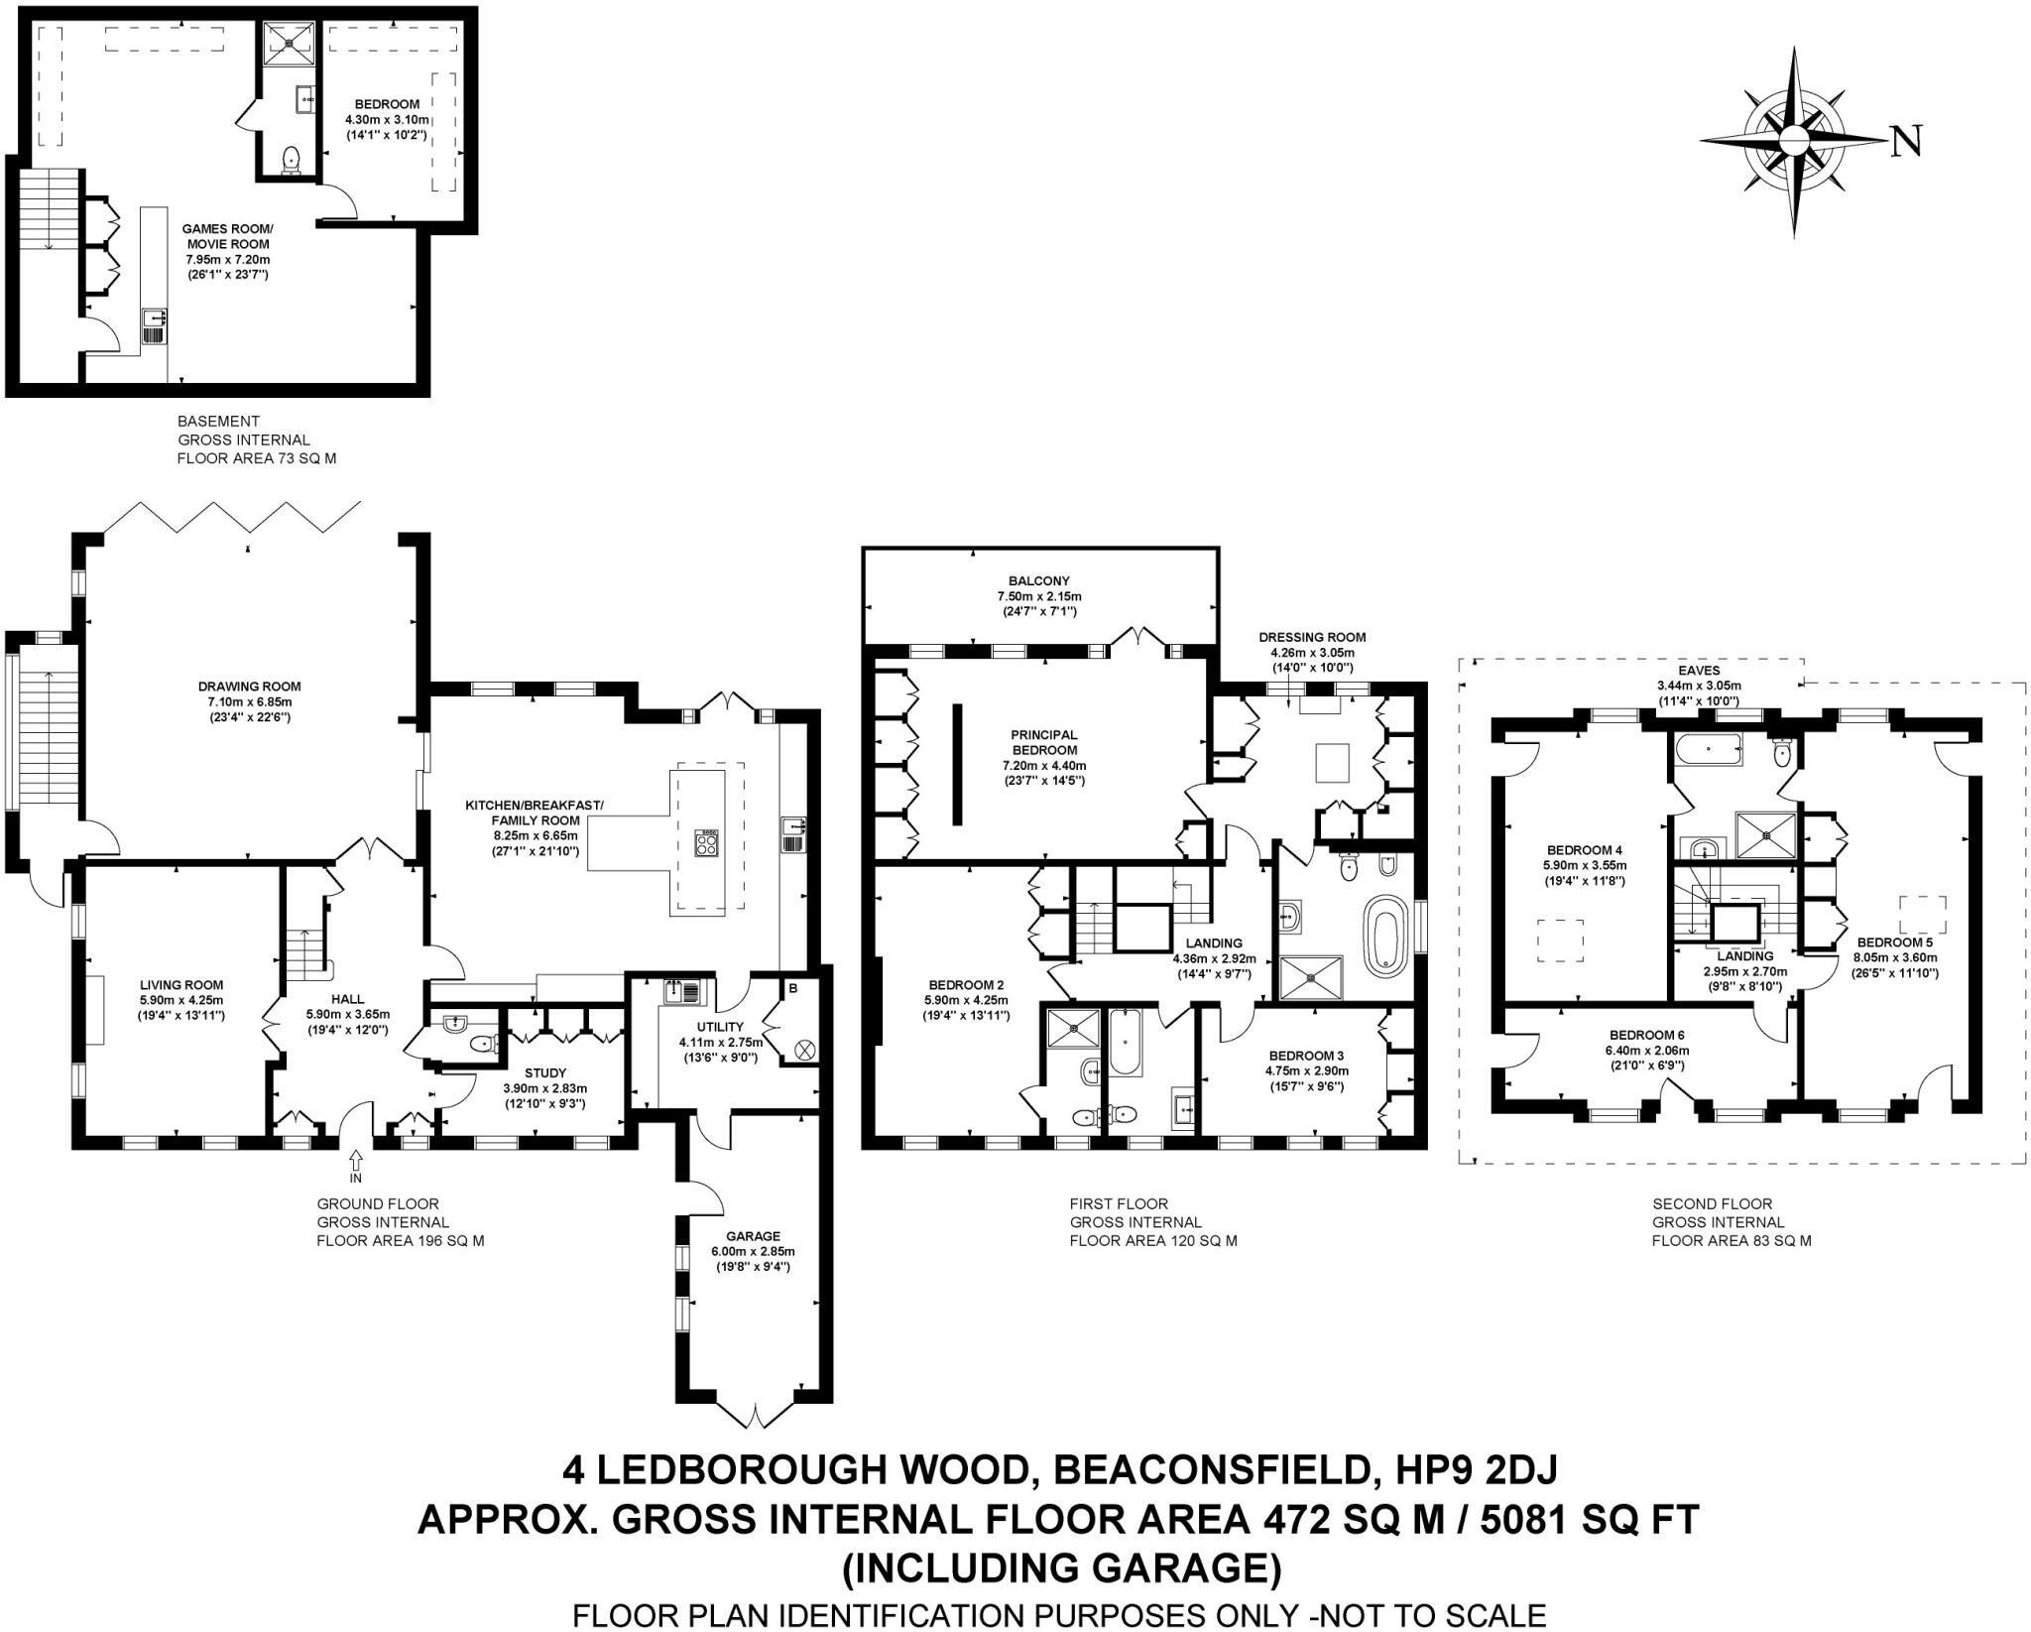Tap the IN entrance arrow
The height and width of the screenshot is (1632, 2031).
pos(355,1163)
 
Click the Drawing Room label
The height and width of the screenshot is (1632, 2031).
pos(249,686)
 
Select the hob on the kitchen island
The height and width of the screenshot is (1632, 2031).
pos(708,841)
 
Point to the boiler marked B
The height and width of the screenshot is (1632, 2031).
pos(792,988)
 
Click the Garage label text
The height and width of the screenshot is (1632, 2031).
pos(753,1236)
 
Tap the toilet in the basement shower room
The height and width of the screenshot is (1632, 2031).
pos(292,160)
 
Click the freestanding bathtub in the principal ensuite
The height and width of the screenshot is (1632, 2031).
pos(1381,935)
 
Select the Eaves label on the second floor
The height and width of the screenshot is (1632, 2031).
pos(1699,671)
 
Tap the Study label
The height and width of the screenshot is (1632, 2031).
pos(545,1072)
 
